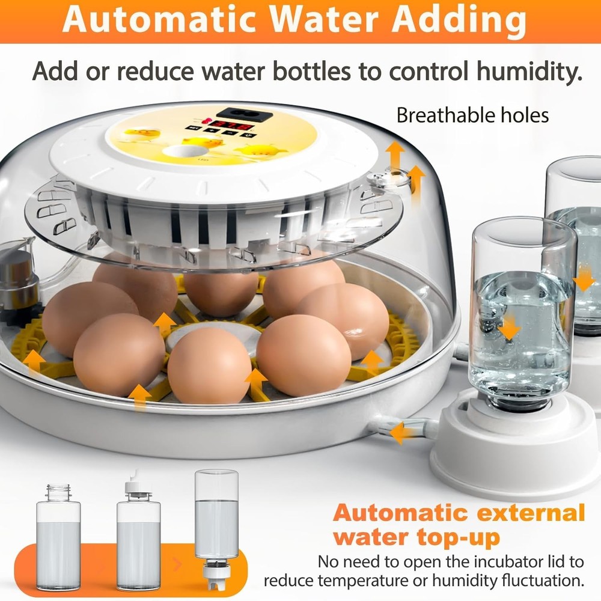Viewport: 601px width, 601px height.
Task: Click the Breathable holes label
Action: click(x=472, y=115)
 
